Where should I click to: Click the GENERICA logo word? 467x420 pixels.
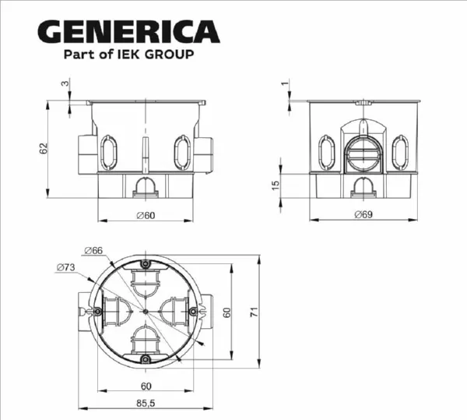(128, 31)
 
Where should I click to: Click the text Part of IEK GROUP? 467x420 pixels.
(128, 55)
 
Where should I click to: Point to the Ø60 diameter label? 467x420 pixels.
(146, 214)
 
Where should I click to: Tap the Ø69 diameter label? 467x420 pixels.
(362, 214)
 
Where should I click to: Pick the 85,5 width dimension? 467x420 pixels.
(146, 403)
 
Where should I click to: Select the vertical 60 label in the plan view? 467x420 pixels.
(226, 312)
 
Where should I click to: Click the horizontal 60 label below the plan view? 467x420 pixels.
(146, 386)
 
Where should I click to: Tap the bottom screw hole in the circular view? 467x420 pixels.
(146, 359)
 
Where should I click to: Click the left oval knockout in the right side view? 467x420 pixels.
(325, 151)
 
